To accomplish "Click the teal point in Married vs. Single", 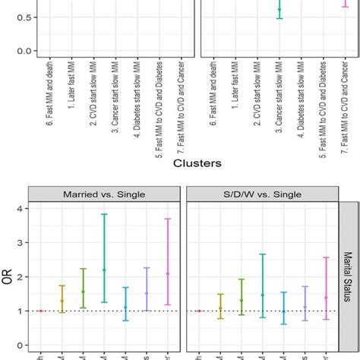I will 104,270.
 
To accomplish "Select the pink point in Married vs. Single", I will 168,273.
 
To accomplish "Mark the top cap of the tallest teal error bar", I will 104,214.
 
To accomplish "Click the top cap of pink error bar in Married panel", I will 168,219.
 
